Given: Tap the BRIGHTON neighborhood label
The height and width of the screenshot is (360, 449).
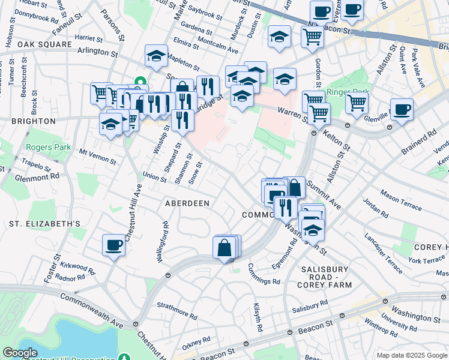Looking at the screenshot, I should pos(28,121).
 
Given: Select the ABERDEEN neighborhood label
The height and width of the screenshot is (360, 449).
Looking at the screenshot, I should pos(187,203).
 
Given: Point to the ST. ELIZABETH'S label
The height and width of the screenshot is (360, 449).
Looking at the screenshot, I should pos(44,224).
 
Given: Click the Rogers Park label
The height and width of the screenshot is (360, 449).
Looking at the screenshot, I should pos(48,147).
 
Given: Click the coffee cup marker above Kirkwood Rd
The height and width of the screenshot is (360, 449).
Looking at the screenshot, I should pos(114,245).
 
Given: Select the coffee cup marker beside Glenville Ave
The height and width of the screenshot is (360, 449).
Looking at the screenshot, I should pos(401,109).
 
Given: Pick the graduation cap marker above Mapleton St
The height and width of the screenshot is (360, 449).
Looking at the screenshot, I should pos(156,56).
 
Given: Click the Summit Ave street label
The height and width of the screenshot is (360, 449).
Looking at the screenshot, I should pos(324,196).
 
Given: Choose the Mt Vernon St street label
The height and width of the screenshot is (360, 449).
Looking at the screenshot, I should pos(97,157).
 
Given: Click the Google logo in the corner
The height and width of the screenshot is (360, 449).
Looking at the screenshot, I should pos(20,353).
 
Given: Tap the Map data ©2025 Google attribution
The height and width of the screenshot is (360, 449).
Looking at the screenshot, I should pos(411,355).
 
